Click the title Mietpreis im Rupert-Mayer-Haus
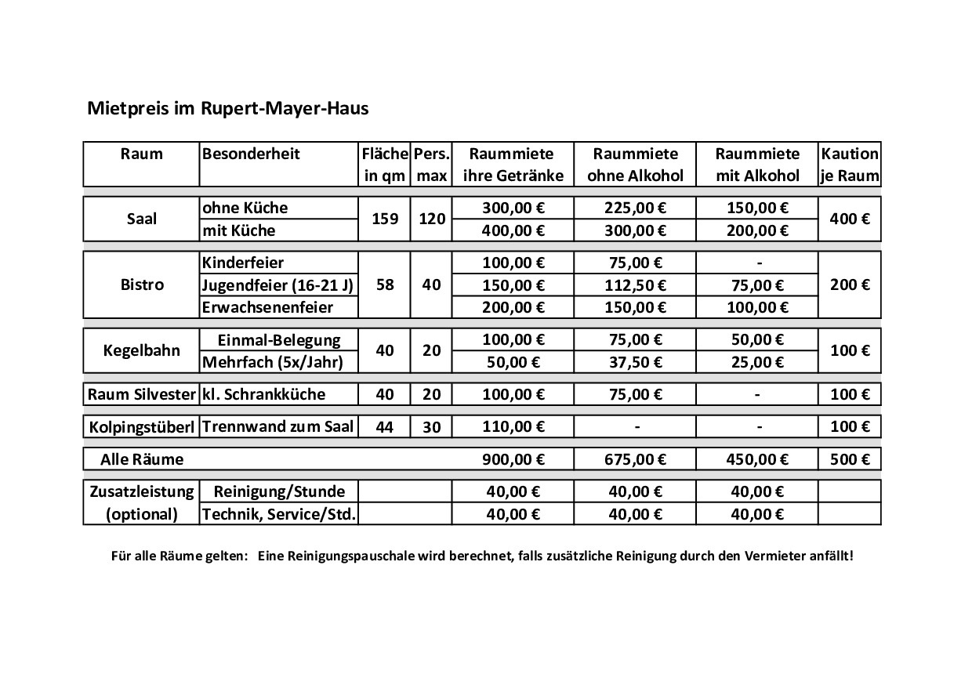tap(227, 108)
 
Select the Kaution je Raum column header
tap(849, 165)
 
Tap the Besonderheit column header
tap(251, 154)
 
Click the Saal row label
tap(141, 219)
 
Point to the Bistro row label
tap(142, 285)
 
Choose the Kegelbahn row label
tap(141, 350)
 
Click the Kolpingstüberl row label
tap(141, 427)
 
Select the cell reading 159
tap(385, 219)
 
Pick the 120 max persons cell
tap(431, 219)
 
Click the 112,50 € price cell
tap(636, 285)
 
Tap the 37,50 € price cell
tap(636, 362)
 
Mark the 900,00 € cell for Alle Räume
tap(513, 459)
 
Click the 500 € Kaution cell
tap(849, 459)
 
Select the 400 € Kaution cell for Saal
tap(849, 219)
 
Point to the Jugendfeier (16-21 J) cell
tap(277, 285)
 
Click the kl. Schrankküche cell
tap(263, 394)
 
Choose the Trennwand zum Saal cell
tap(277, 427)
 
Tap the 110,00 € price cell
tap(513, 427)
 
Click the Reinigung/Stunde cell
tap(279, 492)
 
